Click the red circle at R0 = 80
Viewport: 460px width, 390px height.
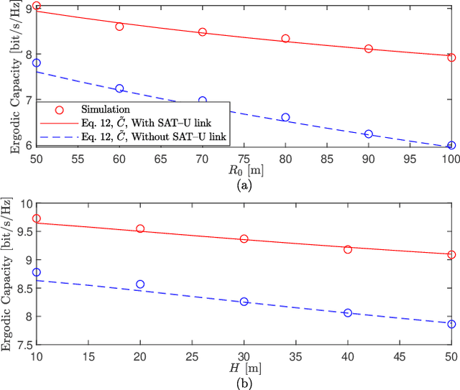[x=285, y=39]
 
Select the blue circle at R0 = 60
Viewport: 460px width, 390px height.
[x=119, y=88]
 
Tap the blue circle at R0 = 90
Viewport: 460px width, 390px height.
[x=369, y=134]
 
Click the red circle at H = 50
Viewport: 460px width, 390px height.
[x=451, y=254]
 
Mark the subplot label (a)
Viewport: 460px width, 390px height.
[x=244, y=185]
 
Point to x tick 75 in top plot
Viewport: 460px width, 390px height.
[x=244, y=158]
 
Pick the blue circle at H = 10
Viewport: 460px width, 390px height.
[x=37, y=273]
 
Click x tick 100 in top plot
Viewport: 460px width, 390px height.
[x=451, y=158]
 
